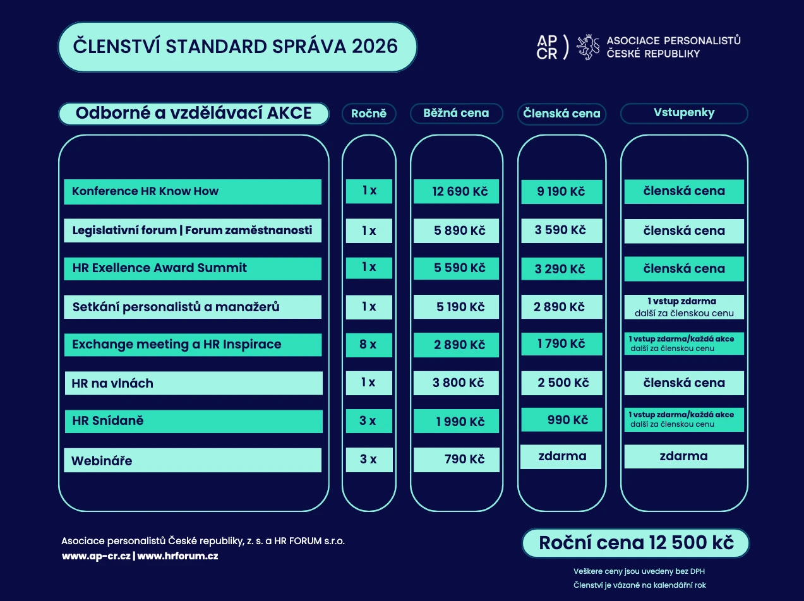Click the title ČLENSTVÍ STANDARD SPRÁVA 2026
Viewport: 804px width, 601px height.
pos(237,47)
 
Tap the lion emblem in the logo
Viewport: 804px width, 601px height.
pos(587,47)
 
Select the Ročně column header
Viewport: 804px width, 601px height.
pos(369,114)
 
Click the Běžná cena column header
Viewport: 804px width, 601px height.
pos(457,114)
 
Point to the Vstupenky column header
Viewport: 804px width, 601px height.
pos(684,113)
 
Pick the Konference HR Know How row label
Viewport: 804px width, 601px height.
pos(193,191)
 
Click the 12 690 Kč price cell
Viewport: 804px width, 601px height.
pos(456,191)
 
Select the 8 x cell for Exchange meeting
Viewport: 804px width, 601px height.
pos(369,345)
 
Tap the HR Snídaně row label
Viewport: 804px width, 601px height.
pos(193,421)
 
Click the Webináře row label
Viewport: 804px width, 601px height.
pos(193,460)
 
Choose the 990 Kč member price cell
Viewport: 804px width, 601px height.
pos(561,420)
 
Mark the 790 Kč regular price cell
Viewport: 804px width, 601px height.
pos(456,460)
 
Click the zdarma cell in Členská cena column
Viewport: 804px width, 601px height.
pos(561,456)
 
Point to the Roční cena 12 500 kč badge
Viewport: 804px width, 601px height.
pos(635,543)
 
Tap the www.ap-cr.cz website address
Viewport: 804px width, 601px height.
pos(96,556)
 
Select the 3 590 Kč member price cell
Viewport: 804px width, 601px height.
pos(561,230)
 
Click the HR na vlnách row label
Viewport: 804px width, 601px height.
pos(193,383)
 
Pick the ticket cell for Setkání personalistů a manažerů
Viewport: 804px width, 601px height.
pos(684,307)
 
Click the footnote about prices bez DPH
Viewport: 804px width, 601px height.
pos(639,571)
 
